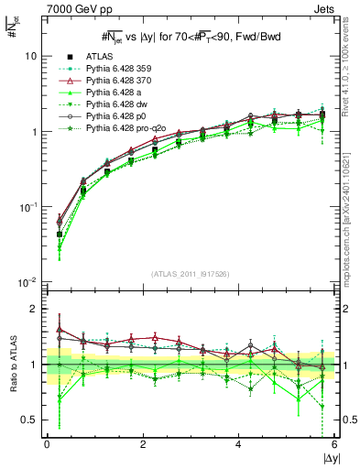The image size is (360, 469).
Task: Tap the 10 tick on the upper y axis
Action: coord(30,56)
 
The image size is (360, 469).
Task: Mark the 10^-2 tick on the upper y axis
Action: coord(27,282)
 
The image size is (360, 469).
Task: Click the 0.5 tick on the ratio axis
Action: coord(28,420)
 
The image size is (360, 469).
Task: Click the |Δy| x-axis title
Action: coord(326,458)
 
